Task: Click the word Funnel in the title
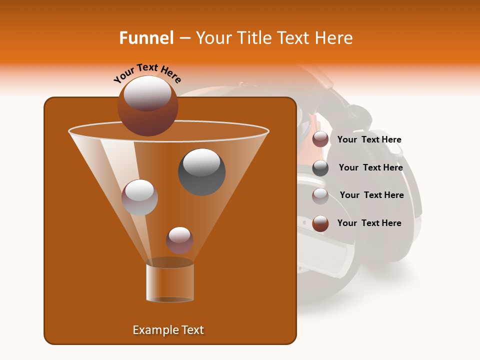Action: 146,38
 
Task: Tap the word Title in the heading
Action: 253,38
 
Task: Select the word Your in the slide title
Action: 212,38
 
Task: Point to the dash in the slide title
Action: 184,38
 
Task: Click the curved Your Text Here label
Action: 147,73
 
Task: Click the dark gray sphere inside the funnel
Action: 201,171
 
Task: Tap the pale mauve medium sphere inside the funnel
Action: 139,197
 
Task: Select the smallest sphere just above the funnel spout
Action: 179,240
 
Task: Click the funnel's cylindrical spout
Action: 169,282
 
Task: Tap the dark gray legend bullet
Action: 320,168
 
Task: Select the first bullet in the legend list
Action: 320,139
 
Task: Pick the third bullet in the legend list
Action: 320,196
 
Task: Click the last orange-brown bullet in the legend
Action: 320,223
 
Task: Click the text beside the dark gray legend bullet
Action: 370,167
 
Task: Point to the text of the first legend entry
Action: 369,139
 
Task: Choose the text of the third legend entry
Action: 371,195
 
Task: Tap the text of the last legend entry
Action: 369,223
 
